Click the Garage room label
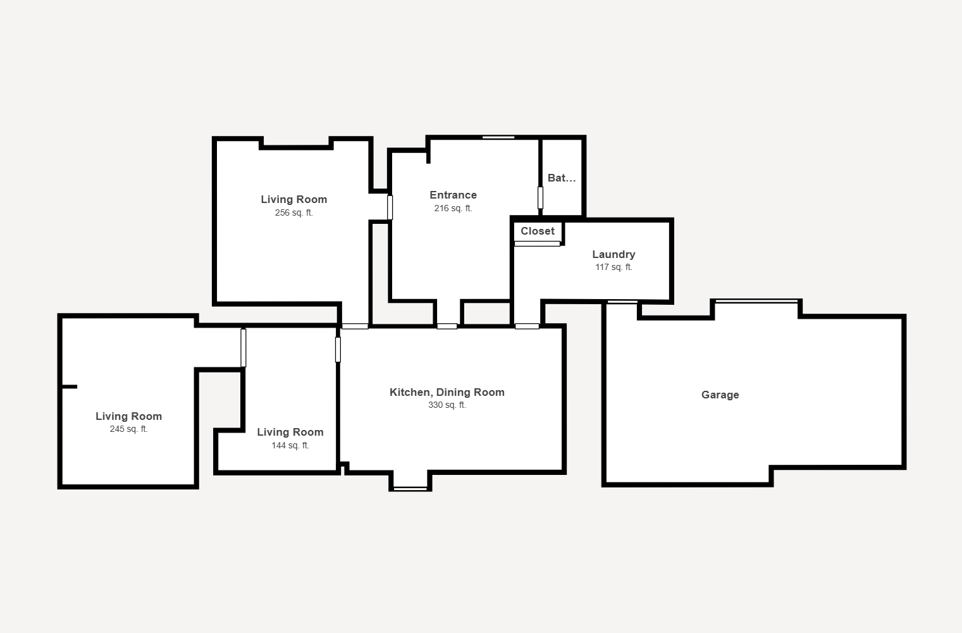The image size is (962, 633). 720,395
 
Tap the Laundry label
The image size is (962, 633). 614,254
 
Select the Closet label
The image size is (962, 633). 538,231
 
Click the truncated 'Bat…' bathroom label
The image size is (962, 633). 561,178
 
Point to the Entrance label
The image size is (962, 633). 453,195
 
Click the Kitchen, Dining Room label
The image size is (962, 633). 447,392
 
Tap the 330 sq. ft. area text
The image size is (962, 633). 447,405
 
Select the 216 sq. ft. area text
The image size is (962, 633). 453,208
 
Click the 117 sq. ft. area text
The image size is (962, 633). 614,267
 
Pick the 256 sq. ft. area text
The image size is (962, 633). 293,212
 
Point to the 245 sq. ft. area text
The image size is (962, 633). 128,429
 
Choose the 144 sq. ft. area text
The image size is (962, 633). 290,445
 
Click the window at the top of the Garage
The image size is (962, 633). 756,301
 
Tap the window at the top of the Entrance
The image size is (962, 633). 498,137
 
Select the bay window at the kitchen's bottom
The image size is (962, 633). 410,489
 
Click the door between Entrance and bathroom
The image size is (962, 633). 540,197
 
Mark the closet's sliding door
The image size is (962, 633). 537,244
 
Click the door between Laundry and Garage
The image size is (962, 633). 622,302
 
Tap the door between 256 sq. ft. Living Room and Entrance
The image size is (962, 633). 390,207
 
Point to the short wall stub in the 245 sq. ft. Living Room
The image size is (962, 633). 70,387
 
